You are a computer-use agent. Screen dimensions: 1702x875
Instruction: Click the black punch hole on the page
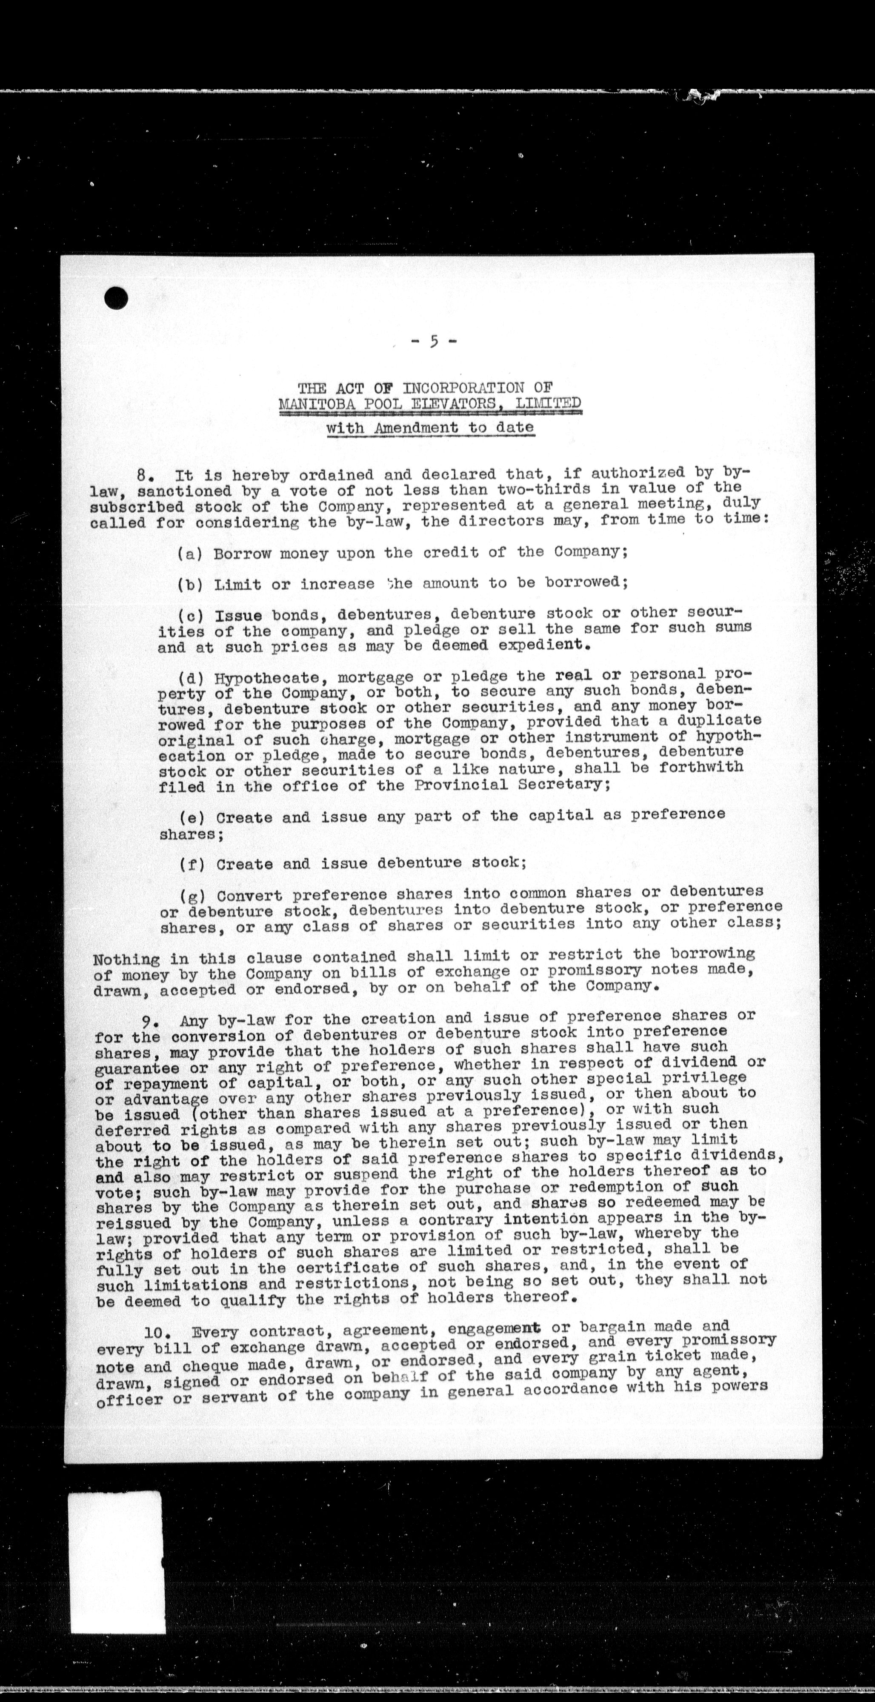116,297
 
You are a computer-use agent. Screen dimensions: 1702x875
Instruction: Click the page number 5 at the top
434,342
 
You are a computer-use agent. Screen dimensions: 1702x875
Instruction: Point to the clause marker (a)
190,554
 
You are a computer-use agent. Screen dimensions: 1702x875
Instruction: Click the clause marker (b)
190,585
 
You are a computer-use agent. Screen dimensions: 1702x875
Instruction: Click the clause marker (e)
192,817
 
